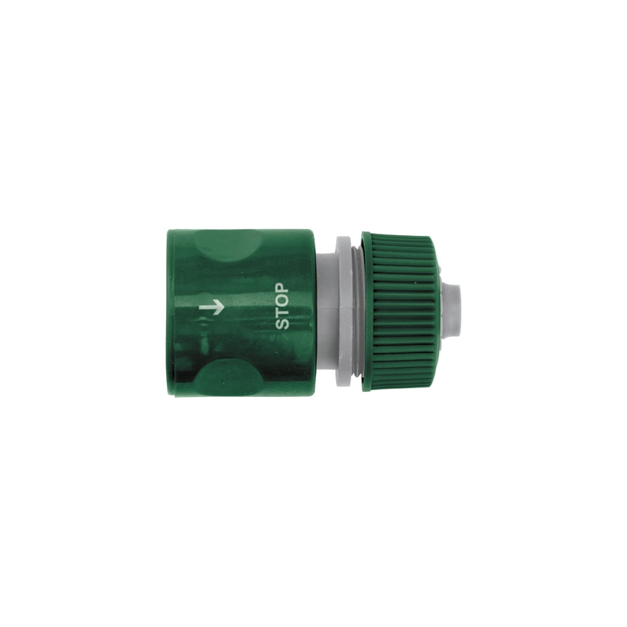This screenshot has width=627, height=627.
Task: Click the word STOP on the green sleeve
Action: [x=282, y=307]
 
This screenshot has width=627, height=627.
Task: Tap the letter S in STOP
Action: [x=282, y=324]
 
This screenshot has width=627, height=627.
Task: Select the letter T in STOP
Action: [x=282, y=313]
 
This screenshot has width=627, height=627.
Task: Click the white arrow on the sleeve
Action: [x=211, y=307]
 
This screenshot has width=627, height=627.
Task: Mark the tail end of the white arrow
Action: [x=199, y=307]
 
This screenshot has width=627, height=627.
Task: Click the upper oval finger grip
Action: [x=229, y=246]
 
